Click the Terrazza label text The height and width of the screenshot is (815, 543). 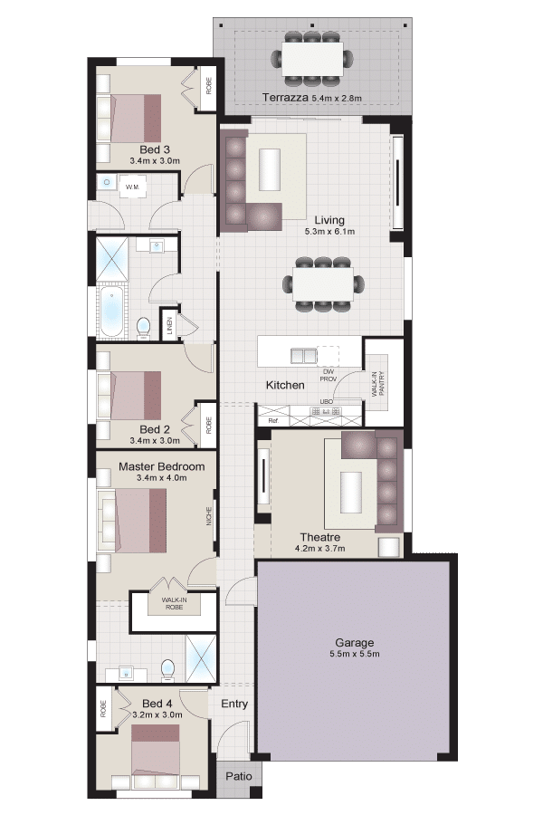[x=285, y=97]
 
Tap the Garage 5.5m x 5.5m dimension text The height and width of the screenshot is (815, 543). [x=355, y=654]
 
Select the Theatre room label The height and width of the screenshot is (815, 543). [x=320, y=537]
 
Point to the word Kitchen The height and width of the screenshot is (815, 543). [x=285, y=385]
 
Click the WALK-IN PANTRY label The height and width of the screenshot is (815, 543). [x=378, y=384]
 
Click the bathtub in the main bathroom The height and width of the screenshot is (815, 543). [x=111, y=311]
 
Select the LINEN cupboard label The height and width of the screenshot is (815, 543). [x=169, y=325]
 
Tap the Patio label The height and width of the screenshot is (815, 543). [x=239, y=777]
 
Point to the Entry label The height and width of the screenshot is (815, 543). [x=234, y=704]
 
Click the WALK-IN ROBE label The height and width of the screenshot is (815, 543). [x=174, y=603]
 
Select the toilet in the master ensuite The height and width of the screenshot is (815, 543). [x=167, y=670]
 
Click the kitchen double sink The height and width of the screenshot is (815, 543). [x=304, y=356]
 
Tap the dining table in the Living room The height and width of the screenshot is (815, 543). [x=323, y=283]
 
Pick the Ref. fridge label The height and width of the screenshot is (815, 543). [x=272, y=420]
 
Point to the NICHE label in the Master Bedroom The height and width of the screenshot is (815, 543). [x=209, y=516]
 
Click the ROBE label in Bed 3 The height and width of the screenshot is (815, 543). [x=209, y=86]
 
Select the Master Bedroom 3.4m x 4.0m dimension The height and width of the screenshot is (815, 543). [x=162, y=477]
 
